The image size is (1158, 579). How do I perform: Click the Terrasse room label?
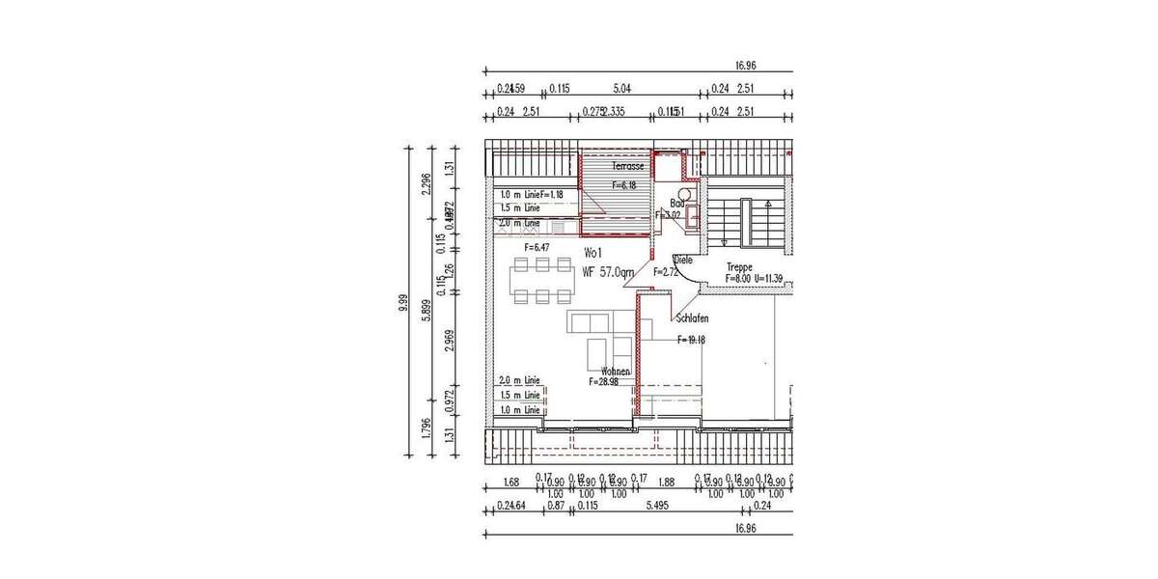click(628, 167)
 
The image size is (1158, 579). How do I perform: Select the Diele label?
click(683, 260)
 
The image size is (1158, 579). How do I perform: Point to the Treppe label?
click(739, 267)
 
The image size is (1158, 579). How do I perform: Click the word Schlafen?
click(693, 318)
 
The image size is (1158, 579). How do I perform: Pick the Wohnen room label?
click(616, 372)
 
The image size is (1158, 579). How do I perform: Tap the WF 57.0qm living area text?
click(608, 272)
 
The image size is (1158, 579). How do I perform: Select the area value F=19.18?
click(692, 340)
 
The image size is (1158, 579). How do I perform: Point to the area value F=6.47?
click(537, 248)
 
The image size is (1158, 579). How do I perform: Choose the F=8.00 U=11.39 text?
click(760, 279)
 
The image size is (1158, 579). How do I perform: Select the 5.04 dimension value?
click(622, 89)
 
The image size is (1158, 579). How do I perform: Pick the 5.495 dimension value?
click(656, 504)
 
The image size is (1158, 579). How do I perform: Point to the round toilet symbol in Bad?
click(684, 194)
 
